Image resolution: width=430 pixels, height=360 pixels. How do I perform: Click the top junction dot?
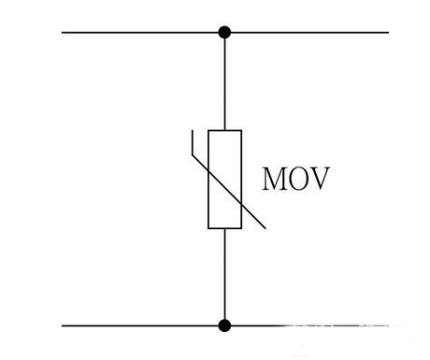(224, 33)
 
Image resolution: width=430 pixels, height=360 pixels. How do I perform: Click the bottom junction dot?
(224, 325)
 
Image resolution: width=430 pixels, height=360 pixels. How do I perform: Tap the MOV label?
(295, 179)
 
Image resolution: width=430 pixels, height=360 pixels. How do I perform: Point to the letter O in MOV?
(297, 179)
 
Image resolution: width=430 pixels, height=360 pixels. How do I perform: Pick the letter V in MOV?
(318, 179)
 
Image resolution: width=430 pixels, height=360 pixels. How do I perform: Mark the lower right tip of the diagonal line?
(265, 227)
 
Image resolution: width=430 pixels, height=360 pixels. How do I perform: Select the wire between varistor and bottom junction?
(224, 276)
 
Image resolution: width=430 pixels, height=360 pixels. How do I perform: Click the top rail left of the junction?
(140, 33)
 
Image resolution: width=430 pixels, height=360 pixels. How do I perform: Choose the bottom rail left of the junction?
(140, 325)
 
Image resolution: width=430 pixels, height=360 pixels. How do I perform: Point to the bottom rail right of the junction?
(308, 325)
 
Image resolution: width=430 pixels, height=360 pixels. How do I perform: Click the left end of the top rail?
(64, 33)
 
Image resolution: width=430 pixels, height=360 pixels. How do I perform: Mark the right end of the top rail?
(386, 33)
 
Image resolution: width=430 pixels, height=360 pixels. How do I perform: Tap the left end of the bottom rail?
(64, 325)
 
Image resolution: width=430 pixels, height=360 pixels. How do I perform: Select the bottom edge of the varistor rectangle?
(224, 227)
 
